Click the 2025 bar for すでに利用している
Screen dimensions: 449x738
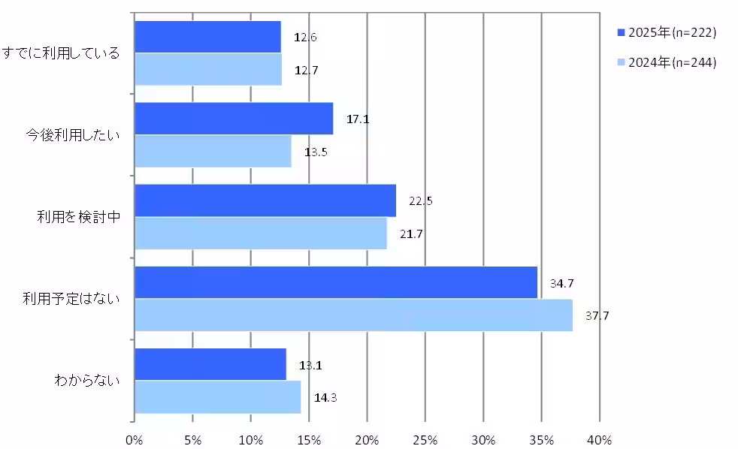coord(207,37)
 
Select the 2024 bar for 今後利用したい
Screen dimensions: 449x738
coord(213,152)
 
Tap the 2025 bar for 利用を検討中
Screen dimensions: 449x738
coord(265,200)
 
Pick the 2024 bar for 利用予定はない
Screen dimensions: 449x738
coord(353,315)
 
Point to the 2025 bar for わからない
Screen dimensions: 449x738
coord(210,364)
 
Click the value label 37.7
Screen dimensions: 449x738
coord(597,315)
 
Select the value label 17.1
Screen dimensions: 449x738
coord(358,119)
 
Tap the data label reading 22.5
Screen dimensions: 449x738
coord(421,200)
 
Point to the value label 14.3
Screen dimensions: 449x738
coord(325,397)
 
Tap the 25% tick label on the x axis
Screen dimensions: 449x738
coord(425,438)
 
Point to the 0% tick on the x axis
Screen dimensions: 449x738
coord(134,438)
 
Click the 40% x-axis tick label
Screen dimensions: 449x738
coord(600,438)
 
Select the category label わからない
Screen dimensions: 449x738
coord(86,381)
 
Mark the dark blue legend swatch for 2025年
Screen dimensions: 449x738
coord(621,32)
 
